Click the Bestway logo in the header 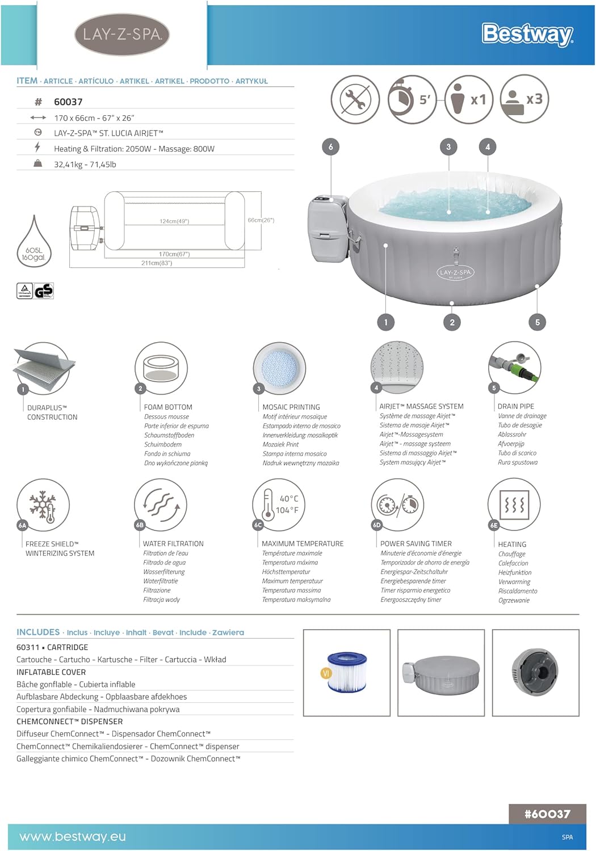527,34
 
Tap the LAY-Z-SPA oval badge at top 122,34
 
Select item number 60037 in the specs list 68,102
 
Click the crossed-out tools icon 355,100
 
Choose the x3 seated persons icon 524,100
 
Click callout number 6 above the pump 331,148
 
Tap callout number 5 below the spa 538,322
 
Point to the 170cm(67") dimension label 174,254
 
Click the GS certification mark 44,291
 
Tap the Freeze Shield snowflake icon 43,505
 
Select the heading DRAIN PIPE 515,406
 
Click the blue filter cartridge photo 347,672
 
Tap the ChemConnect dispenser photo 535,672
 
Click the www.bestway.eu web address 73,837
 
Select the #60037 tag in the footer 547,814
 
